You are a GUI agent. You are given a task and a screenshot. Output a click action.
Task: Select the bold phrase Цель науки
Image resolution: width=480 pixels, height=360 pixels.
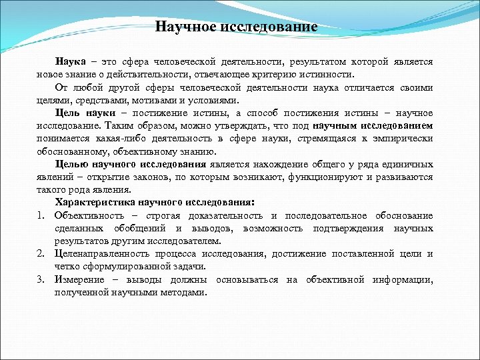pyautogui.click(x=80, y=113)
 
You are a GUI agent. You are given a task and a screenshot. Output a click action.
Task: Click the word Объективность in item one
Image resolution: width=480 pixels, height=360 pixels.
pyautogui.click(x=88, y=215)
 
